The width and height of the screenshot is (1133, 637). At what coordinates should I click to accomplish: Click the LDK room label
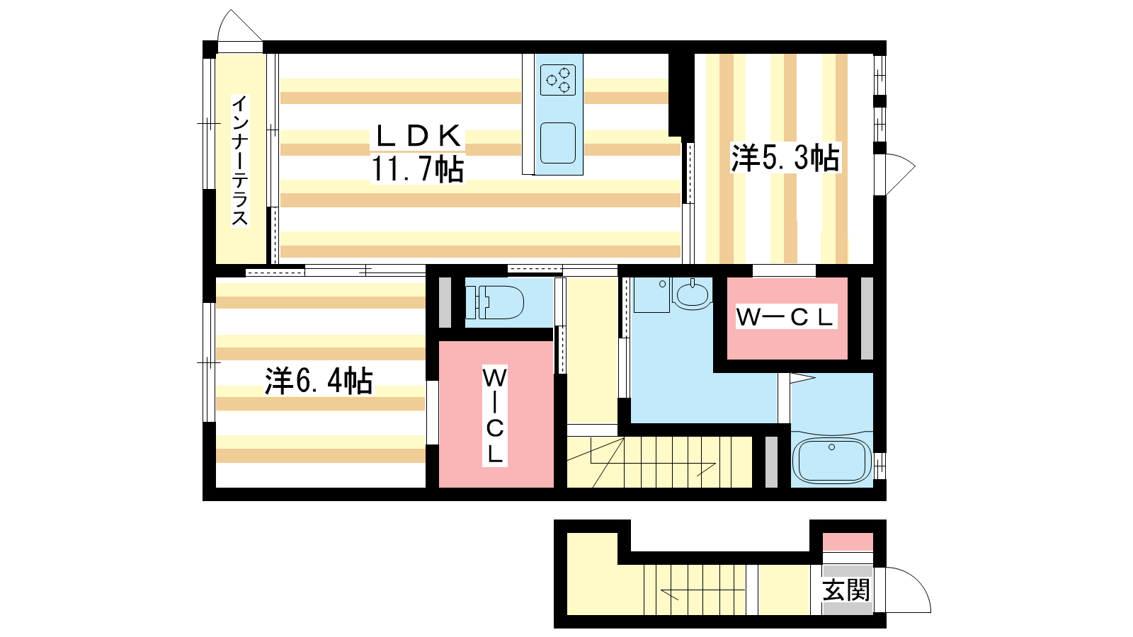click(418, 135)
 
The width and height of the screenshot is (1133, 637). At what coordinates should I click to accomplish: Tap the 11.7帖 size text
click(418, 169)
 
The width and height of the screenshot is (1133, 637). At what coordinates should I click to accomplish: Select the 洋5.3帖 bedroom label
click(785, 158)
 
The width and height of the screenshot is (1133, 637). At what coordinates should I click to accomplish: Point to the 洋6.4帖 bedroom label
click(319, 381)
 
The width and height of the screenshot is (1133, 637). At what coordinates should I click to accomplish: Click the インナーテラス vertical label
click(240, 160)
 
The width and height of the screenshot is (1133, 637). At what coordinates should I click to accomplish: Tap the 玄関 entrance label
click(846, 590)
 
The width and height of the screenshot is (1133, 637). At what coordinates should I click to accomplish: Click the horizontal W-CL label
click(785, 317)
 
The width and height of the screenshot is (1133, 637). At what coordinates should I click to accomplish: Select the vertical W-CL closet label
click(495, 416)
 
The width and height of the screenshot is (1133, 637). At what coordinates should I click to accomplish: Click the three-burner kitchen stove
click(558, 80)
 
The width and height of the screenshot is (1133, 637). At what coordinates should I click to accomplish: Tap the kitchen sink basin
click(558, 143)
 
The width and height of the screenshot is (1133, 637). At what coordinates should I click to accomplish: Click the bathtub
click(831, 461)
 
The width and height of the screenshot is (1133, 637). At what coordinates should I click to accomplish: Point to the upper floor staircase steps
click(659, 462)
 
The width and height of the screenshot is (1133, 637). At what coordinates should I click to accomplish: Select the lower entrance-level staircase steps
click(700, 590)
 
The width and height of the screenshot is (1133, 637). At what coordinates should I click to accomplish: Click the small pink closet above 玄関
click(848, 542)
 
